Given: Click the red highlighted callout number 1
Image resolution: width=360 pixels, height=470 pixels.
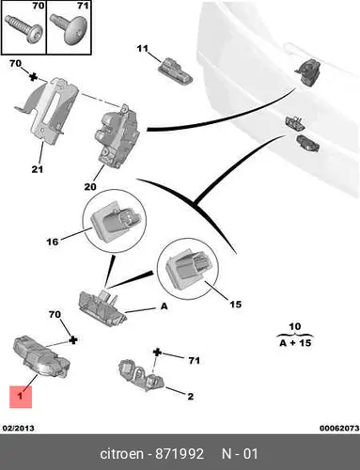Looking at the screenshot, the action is pos(21,397).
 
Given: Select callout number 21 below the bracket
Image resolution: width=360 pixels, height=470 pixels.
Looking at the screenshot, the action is pos(38,169).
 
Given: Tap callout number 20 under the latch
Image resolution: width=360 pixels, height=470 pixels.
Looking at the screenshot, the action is pos(90,187).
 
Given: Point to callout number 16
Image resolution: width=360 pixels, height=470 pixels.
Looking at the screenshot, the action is pos(53,242).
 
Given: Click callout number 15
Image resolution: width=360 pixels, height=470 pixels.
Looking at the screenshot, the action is pos(236,305).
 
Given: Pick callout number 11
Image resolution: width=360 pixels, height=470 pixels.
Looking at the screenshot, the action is pos(142,49).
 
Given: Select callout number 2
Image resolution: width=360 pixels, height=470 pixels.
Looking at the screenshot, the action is pos(191,397).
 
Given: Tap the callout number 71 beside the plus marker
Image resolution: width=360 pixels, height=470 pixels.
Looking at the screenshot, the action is pos(194,361).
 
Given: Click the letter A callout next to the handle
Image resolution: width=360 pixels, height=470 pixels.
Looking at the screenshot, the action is pos(164,306).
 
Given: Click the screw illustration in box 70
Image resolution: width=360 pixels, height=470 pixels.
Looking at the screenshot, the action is pos(23,29).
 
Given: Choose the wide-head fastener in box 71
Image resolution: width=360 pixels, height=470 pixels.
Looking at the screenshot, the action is pos(69,29).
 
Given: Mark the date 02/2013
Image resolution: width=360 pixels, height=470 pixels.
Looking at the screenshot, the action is pos(19,428).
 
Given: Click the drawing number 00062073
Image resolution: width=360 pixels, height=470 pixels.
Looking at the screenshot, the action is pos(339,428).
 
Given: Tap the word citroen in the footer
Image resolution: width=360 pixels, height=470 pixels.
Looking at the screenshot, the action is pos(121,454).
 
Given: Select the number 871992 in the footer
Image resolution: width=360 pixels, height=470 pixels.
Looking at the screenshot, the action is pos(180,454).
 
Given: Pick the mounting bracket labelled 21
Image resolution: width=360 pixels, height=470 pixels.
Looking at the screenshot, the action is pos(47,110).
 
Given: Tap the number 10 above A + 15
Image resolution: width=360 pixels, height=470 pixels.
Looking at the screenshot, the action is pos(294,327).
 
